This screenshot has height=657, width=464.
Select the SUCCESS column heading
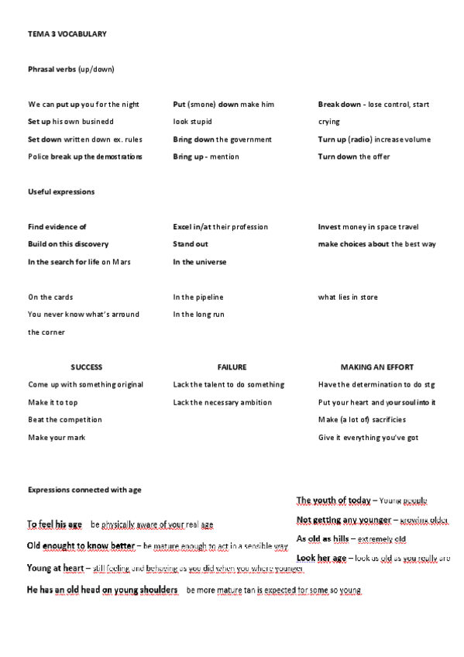pos(87,367)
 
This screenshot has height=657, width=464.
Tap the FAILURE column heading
pos(232,367)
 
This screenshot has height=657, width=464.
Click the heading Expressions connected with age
pos(84,490)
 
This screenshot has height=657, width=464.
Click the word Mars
pos(122,262)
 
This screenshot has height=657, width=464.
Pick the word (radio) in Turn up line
pos(360,139)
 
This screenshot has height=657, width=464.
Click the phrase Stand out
pos(191,244)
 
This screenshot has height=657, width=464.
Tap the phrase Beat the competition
pos(65,420)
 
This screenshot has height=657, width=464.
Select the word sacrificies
pos(402,420)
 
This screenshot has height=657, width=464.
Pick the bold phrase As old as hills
pos(322,538)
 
